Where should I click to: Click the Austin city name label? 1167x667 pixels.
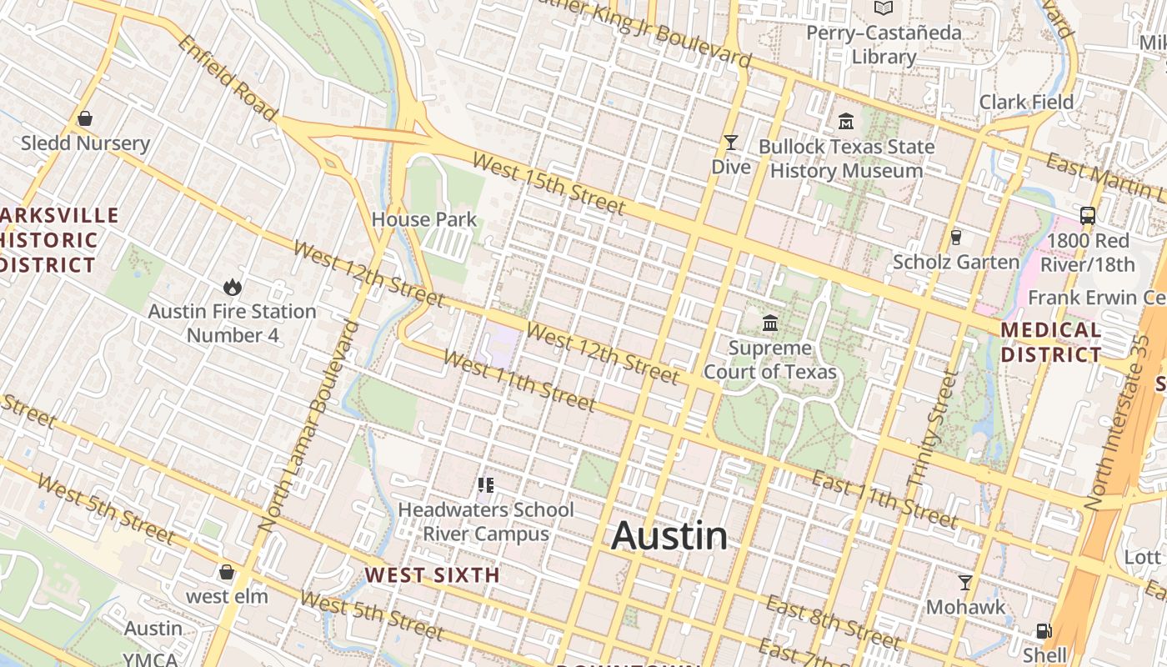[x=669, y=536]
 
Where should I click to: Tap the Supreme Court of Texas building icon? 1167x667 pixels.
[x=770, y=323]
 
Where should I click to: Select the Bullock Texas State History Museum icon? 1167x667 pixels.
[x=846, y=122]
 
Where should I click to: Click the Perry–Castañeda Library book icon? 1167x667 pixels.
[x=884, y=8]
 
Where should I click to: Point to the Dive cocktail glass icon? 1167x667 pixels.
[x=731, y=143]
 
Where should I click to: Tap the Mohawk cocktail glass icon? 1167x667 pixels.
[x=965, y=582]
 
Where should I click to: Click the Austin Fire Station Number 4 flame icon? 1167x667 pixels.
[x=232, y=287]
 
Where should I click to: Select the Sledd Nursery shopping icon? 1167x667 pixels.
[x=85, y=118]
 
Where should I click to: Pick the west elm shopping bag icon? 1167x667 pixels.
[x=226, y=572]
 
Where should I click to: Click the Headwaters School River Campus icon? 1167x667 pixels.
[x=486, y=484]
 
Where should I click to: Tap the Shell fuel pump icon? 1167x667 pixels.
[x=1044, y=630]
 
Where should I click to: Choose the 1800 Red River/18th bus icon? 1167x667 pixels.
[x=1088, y=216]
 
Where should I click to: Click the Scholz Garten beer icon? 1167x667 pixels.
[x=956, y=237]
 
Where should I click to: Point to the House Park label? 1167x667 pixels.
[x=424, y=219]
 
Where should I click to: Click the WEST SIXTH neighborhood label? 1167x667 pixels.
[x=432, y=574]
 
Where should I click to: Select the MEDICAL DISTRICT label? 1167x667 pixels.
[x=1051, y=342]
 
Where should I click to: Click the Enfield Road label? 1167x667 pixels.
[x=226, y=78]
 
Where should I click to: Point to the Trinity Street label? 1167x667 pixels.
[x=932, y=430]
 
